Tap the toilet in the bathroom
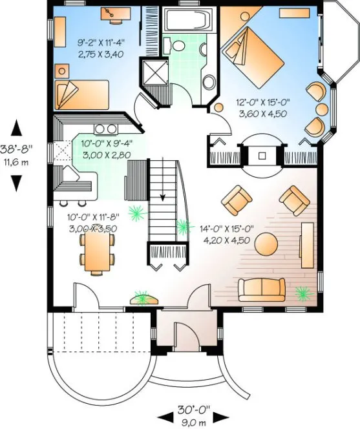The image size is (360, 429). point(209,82)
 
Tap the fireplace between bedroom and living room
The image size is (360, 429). point(262,156)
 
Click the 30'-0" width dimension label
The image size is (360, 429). point(193,410)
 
